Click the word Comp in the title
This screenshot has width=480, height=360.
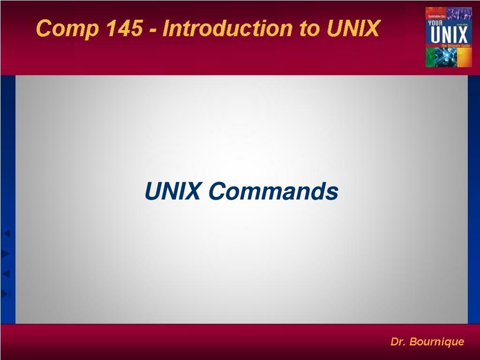(67, 29)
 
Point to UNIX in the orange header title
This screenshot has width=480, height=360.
(353, 29)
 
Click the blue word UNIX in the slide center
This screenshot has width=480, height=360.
(172, 191)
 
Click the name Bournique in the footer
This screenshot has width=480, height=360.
(436, 342)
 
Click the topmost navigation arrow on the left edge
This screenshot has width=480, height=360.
(6, 233)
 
